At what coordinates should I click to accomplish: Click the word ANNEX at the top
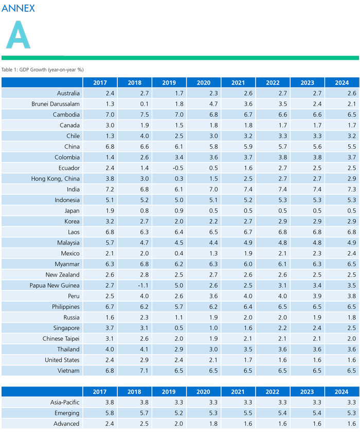[x=18, y=8]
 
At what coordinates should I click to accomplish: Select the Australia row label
[x=68, y=93]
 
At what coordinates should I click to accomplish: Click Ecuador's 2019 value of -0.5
[x=169, y=168]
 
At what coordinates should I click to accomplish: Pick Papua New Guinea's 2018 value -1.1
[x=134, y=285]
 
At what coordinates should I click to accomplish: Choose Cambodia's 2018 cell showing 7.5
[x=134, y=115]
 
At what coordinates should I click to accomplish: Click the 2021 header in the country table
[x=238, y=82]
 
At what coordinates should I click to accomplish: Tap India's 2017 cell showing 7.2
[x=100, y=189]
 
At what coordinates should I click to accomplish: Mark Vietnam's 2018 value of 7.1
[x=134, y=370]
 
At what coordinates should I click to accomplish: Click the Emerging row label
[x=67, y=413]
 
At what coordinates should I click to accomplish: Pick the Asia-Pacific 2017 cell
[x=100, y=403]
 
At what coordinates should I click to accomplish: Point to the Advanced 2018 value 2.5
[x=134, y=424]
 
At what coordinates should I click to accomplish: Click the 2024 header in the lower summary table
[x=341, y=392]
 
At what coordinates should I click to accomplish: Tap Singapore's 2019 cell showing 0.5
[x=169, y=328]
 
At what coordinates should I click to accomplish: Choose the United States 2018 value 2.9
[x=134, y=360]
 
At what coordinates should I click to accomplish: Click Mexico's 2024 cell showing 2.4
[x=341, y=253]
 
